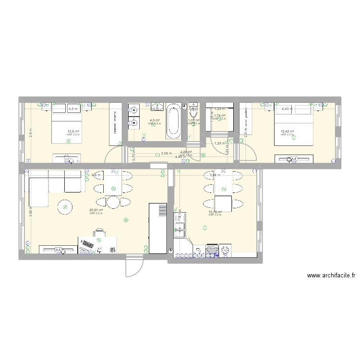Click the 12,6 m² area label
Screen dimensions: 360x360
pos(73,131)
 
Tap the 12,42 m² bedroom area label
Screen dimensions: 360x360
pos(288,131)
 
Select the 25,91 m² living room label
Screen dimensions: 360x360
pos(96,210)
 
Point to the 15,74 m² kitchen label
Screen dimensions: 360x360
pos(215,212)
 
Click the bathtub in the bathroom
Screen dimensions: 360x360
pos(174,122)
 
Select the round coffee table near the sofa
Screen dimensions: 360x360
pos(64,207)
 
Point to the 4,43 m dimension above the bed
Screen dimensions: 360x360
pos(286,109)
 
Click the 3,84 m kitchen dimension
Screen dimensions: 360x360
pos(215,175)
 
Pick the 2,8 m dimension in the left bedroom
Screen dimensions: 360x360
pos(30,132)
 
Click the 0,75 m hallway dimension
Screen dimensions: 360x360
pos(134,155)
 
